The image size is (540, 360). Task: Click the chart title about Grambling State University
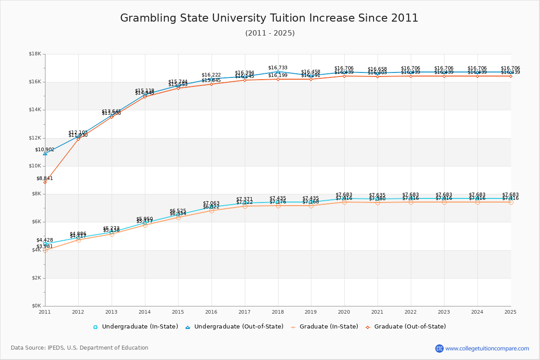[269, 18]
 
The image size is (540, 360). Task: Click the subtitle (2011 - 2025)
[270, 33]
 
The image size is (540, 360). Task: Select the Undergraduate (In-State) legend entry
[135, 327]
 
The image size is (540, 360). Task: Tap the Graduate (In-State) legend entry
[324, 327]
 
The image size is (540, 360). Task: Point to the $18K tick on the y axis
[35, 54]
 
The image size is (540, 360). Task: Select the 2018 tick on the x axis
[278, 312]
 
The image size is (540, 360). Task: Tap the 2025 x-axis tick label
[510, 312]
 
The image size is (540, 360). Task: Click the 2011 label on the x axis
[45, 312]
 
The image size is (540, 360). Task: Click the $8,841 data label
[45, 178]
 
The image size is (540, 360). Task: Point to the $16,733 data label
[278, 67]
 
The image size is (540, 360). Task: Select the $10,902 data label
[45, 149]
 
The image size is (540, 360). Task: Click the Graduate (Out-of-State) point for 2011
[45, 182]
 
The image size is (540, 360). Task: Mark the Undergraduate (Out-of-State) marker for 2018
[278, 72]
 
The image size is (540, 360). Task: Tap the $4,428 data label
[45, 240]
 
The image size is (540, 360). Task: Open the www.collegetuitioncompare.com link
[487, 348]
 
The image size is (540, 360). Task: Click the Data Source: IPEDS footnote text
[80, 348]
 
